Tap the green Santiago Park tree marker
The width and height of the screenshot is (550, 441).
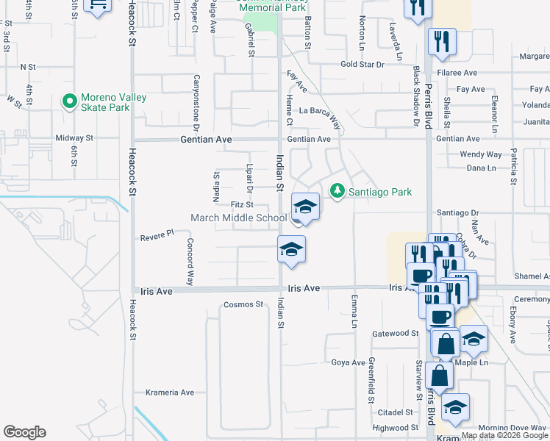pyautogui.click(x=337, y=191)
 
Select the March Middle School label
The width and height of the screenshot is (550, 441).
pyautogui.click(x=238, y=218)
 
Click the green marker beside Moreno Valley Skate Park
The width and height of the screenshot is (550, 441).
pyautogui.click(x=70, y=101)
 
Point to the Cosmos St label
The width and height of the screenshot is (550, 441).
pyautogui.click(x=243, y=304)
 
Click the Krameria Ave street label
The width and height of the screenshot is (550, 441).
pyautogui.click(x=169, y=392)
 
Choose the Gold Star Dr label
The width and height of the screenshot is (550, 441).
pyautogui.click(x=362, y=65)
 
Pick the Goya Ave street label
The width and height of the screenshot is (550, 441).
pyautogui.click(x=348, y=362)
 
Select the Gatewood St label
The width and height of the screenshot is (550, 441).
pyautogui.click(x=395, y=333)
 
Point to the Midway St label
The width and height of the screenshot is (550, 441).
pyautogui.click(x=74, y=137)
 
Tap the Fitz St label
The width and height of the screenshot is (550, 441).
pyautogui.click(x=242, y=204)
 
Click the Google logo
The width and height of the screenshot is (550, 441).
pyautogui.click(x=24, y=432)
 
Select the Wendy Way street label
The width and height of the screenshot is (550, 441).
pyautogui.click(x=480, y=154)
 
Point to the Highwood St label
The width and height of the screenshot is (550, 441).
pyautogui.click(x=395, y=428)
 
